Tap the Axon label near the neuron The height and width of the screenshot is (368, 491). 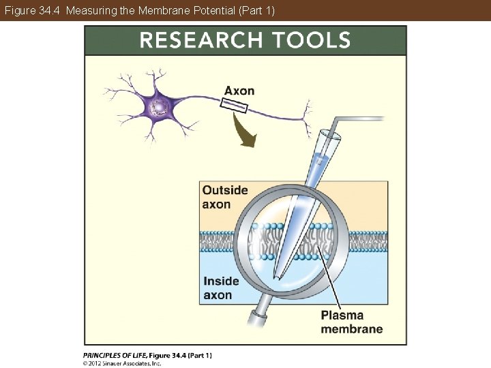click(x=239, y=91)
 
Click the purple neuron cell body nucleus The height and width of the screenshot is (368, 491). click(x=160, y=107)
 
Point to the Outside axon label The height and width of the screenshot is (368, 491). click(x=225, y=197)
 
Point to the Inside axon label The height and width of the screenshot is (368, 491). click(x=222, y=288)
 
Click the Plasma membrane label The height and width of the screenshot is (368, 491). click(x=351, y=322)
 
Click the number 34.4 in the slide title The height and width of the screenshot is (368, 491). click(x=50, y=10)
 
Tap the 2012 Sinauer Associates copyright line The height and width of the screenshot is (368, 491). click(x=123, y=363)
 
